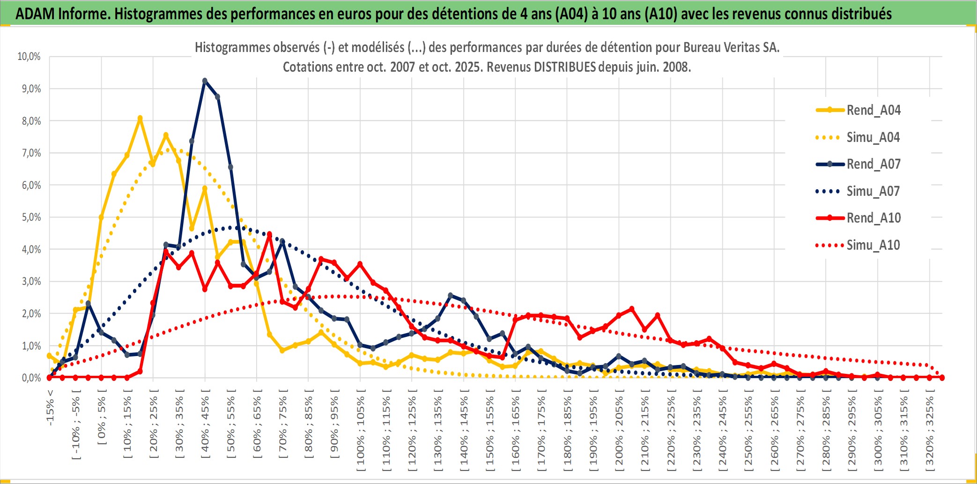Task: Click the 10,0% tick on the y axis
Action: coord(29,57)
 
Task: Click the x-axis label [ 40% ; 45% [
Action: coord(205,426)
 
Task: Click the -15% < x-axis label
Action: coord(50,408)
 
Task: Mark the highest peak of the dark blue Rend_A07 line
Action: coord(205,81)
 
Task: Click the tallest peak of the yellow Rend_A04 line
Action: coord(140,118)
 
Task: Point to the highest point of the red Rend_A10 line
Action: coord(269,234)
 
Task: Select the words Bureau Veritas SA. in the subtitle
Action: coord(731,47)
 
